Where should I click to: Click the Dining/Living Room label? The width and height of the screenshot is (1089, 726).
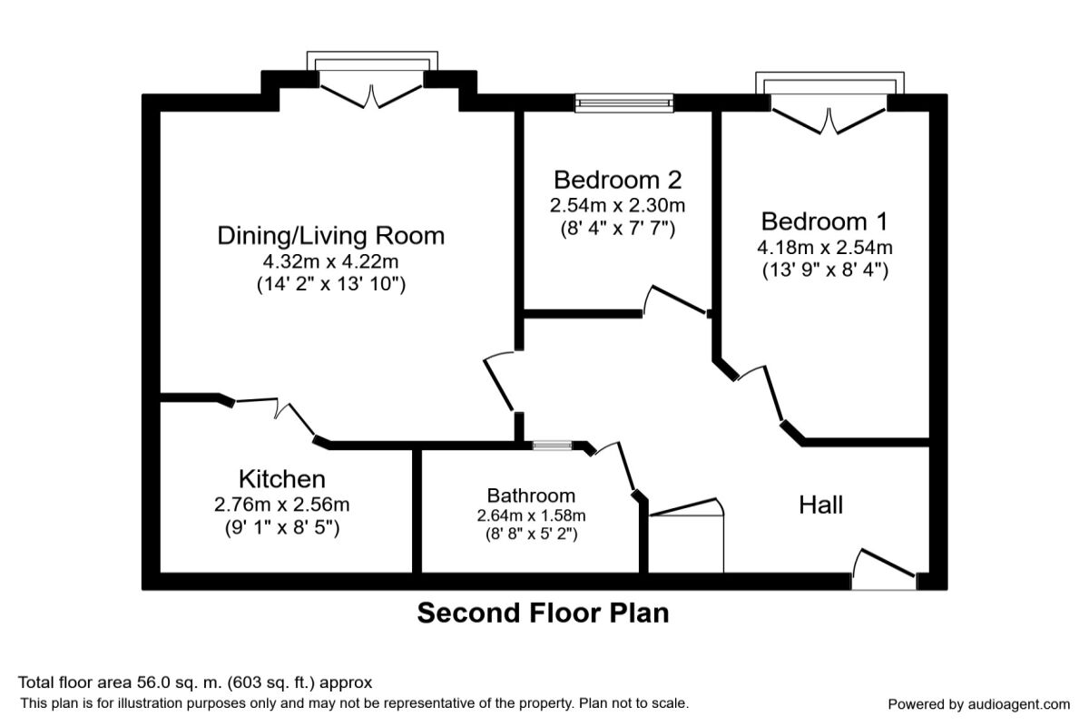pyautogui.click(x=331, y=236)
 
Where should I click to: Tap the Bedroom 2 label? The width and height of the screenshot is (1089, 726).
pyautogui.click(x=617, y=179)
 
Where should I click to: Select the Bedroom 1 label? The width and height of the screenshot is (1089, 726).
pyautogui.click(x=825, y=221)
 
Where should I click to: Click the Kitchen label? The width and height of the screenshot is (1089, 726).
pyautogui.click(x=281, y=479)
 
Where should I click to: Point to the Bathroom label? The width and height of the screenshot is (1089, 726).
pyautogui.click(x=531, y=495)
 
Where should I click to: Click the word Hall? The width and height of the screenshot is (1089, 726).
pyautogui.click(x=820, y=505)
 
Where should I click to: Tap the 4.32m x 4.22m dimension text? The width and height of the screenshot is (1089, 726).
pyautogui.click(x=331, y=262)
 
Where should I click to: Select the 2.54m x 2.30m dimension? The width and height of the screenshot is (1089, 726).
pyautogui.click(x=617, y=204)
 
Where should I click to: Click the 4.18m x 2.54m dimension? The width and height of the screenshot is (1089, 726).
pyautogui.click(x=825, y=247)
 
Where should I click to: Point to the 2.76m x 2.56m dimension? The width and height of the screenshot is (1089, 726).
pyautogui.click(x=281, y=505)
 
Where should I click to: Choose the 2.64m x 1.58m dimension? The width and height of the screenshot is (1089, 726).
pyautogui.click(x=531, y=515)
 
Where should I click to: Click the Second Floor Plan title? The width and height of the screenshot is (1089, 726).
pyautogui.click(x=543, y=613)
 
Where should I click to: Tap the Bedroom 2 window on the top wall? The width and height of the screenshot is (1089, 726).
pyautogui.click(x=624, y=103)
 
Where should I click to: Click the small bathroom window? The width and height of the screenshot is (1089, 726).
pyautogui.click(x=552, y=446)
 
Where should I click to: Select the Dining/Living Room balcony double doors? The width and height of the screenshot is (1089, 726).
pyautogui.click(x=371, y=91)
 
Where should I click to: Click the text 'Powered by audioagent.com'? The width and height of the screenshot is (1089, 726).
pyautogui.click(x=978, y=704)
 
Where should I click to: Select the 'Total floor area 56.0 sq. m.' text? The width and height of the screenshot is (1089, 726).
pyautogui.click(x=195, y=682)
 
